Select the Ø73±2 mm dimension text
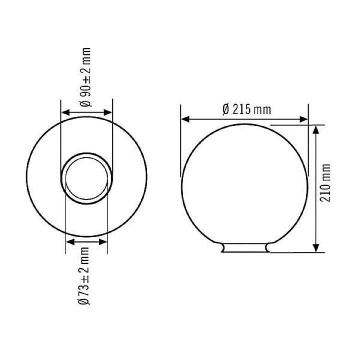(x=86, y=275)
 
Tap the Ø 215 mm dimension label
(x=245, y=109)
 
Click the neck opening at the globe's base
(x=244, y=248)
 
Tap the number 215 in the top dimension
(x=241, y=109)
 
